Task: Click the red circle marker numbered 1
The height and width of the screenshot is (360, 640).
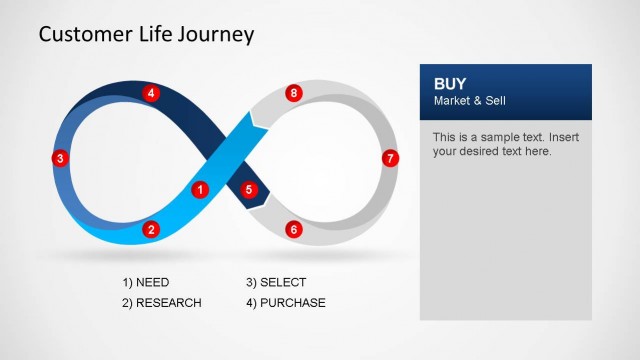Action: [199, 189]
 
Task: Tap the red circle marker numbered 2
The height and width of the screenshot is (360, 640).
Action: [151, 230]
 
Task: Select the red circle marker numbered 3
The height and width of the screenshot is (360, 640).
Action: [60, 158]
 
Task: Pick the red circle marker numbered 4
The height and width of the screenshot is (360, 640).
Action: [151, 93]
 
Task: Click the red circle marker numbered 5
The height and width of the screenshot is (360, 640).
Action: [249, 189]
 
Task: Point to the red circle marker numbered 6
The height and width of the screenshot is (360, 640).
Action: [293, 230]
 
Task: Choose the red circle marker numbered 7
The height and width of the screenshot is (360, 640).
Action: [390, 158]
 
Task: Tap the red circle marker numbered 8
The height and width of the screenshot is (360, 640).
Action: [293, 93]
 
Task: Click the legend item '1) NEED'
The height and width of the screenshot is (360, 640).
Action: [145, 283]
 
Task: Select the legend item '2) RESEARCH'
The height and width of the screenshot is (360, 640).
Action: [161, 303]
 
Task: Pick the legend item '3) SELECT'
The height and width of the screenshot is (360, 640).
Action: [276, 283]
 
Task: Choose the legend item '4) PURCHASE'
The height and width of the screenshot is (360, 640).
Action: [285, 303]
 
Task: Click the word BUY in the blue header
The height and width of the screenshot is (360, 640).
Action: [449, 84]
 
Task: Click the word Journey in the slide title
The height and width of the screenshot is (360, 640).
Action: [217, 35]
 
